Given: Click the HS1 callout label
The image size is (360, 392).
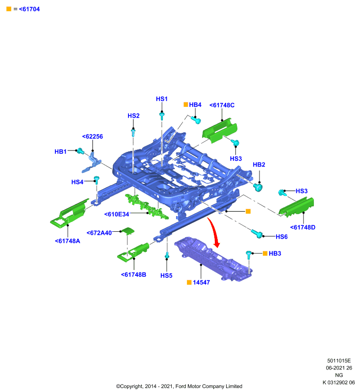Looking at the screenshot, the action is click(162, 99).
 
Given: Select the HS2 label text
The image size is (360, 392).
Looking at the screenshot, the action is click(133, 116).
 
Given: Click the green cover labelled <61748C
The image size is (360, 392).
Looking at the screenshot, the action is click(220, 130).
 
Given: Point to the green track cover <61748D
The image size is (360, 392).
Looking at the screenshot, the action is click(296, 207).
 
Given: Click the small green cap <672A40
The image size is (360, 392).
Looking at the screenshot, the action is click(128, 231).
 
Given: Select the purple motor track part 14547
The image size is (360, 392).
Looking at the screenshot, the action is click(213, 259).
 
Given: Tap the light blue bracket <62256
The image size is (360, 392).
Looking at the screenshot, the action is click(91, 163).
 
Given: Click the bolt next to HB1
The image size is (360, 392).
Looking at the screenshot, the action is click(80, 151).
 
